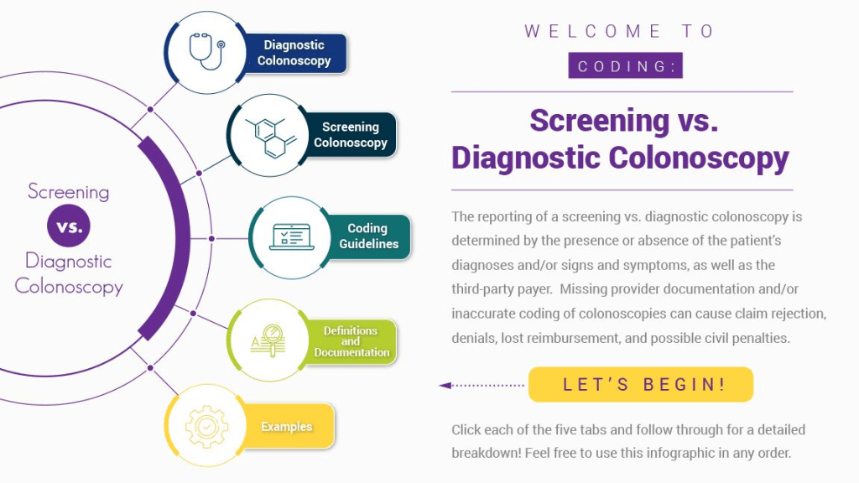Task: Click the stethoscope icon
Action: coord(206,52)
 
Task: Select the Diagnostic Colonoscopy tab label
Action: coord(294,53)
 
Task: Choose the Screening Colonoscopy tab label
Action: coord(351,135)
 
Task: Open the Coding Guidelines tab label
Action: coord(368,236)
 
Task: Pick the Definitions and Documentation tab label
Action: coord(351,341)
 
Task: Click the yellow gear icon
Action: coord(206,426)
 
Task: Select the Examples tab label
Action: coord(286,427)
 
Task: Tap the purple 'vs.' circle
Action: coord(69,227)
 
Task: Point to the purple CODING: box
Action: coord(625,66)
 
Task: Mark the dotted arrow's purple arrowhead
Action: coord(445,386)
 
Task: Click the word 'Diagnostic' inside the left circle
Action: coord(68,261)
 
